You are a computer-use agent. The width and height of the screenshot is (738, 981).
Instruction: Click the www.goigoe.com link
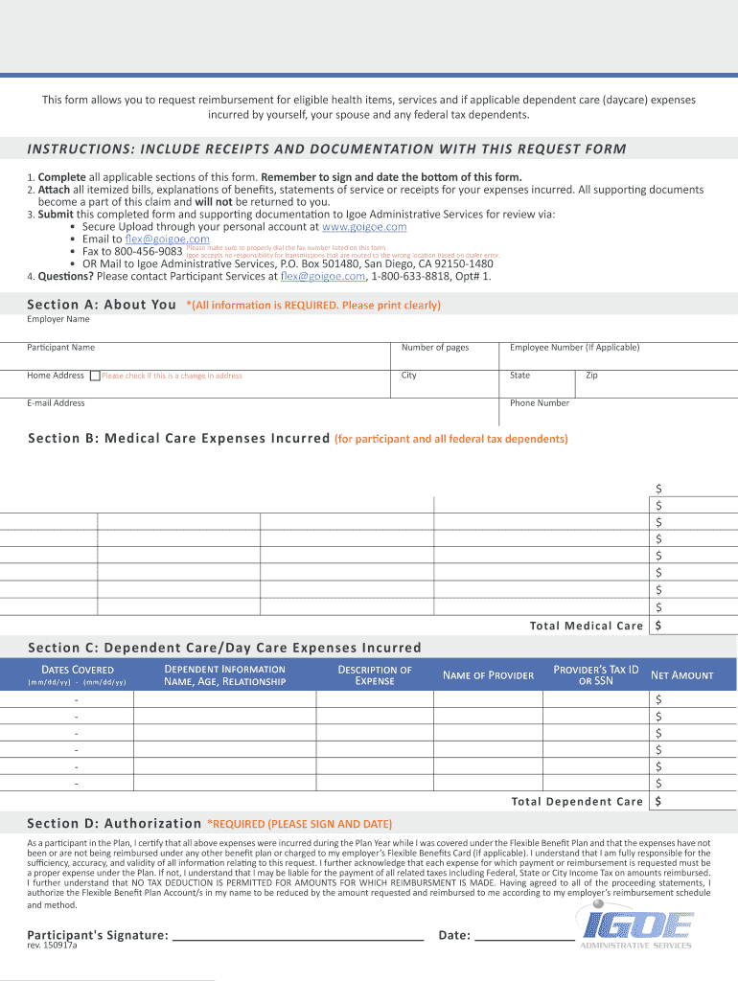pyautogui.click(x=364, y=227)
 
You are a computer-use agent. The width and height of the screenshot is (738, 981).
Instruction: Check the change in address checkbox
pyautogui.click(x=95, y=376)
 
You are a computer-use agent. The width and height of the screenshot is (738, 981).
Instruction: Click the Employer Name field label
pyautogui.click(x=58, y=319)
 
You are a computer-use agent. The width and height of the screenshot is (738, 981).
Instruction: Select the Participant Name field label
pyautogui.click(x=61, y=348)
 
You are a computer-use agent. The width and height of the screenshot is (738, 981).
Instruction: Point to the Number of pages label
pyautogui.click(x=435, y=348)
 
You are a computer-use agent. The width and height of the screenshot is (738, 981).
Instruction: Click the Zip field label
pyautogui.click(x=591, y=376)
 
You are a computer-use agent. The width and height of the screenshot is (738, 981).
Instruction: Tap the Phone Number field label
pyautogui.click(x=540, y=403)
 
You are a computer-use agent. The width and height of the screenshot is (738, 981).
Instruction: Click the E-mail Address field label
pyautogui.click(x=57, y=403)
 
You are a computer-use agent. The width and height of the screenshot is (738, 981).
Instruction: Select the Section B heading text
pyautogui.click(x=179, y=439)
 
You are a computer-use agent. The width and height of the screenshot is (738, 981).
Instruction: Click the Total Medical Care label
pyautogui.click(x=587, y=626)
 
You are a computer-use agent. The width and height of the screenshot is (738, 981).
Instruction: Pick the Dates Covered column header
pyautogui.click(x=78, y=670)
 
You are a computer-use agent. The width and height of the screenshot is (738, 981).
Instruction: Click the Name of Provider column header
pyautogui.click(x=488, y=675)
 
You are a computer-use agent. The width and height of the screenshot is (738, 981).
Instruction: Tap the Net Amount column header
pyautogui.click(x=681, y=675)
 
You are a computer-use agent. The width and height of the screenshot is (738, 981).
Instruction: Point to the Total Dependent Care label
pyautogui.click(x=577, y=802)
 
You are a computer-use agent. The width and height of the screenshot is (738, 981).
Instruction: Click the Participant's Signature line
pyautogui.click(x=297, y=935)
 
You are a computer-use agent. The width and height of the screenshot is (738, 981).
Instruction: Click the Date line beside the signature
pyautogui.click(x=524, y=935)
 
